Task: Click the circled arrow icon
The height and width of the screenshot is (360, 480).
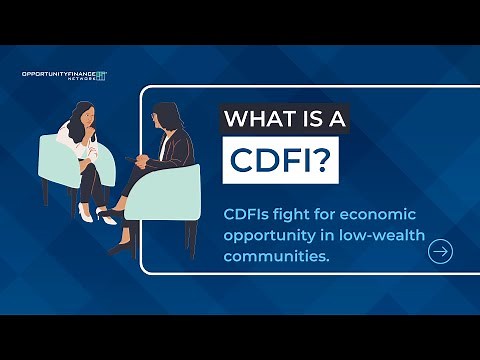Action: [439, 252]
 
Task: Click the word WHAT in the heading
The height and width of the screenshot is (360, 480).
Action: [262, 119]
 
